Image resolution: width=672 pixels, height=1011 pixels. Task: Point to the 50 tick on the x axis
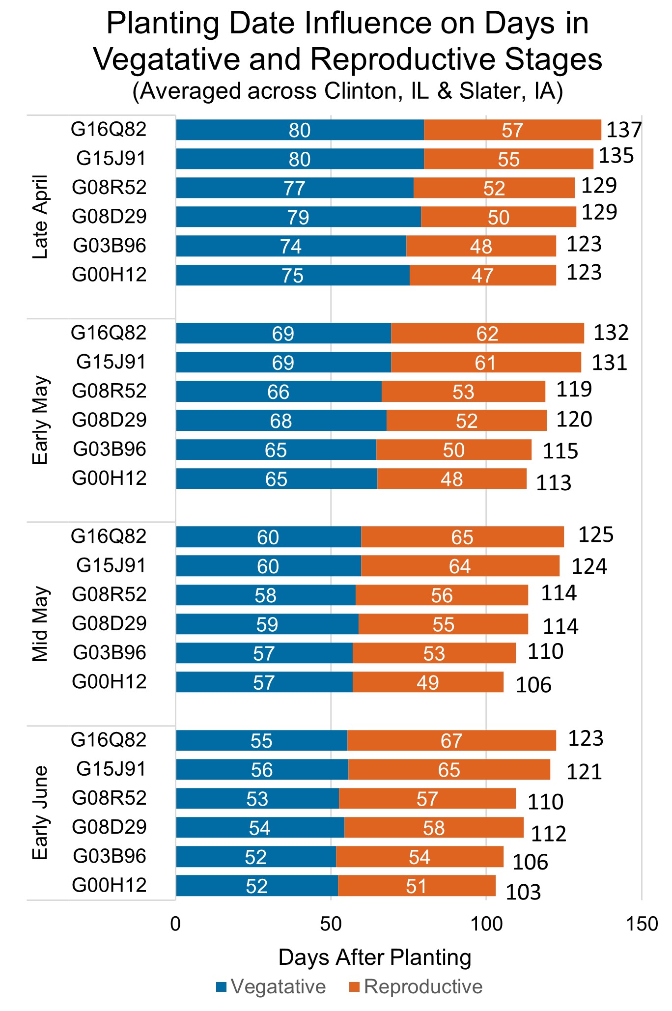(331, 924)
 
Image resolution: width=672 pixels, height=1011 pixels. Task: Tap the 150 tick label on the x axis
(642, 924)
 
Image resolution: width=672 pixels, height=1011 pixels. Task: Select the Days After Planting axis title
(374, 957)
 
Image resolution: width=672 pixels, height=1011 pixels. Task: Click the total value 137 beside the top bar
(624, 130)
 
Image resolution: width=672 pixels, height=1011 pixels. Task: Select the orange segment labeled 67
(451, 740)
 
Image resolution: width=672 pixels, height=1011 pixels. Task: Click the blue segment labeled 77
(295, 188)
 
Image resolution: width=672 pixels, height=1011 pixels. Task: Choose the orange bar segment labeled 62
(487, 334)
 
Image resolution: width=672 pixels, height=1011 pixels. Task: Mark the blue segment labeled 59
(267, 624)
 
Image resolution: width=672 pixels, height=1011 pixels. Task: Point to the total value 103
(523, 892)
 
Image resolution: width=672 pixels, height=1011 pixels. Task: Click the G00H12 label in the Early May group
(109, 478)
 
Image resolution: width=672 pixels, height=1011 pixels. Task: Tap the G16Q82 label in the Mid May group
(109, 536)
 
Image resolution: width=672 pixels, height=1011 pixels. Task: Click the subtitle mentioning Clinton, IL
(348, 91)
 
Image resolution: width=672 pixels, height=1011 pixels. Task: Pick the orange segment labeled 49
(428, 682)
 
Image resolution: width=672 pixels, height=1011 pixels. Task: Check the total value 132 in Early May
(611, 333)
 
